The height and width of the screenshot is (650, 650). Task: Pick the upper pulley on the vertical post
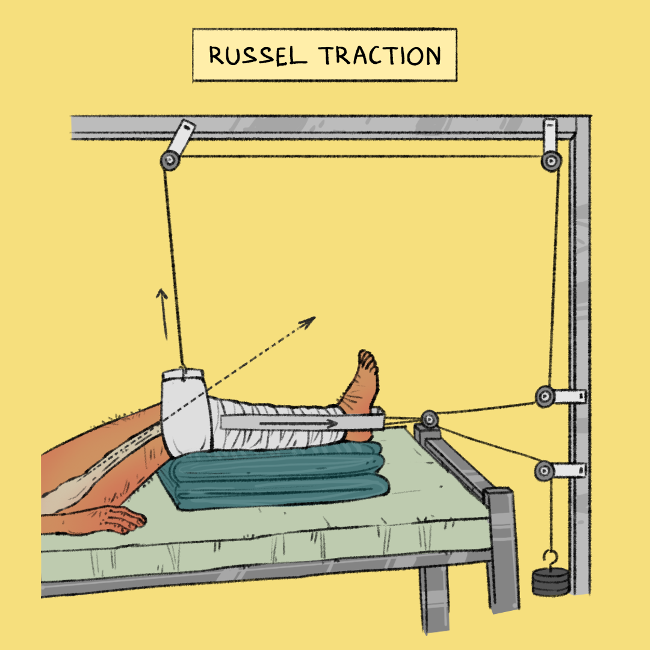(545, 396)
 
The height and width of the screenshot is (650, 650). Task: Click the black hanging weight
(550, 583)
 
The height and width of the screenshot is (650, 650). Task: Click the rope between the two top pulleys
(361, 157)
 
